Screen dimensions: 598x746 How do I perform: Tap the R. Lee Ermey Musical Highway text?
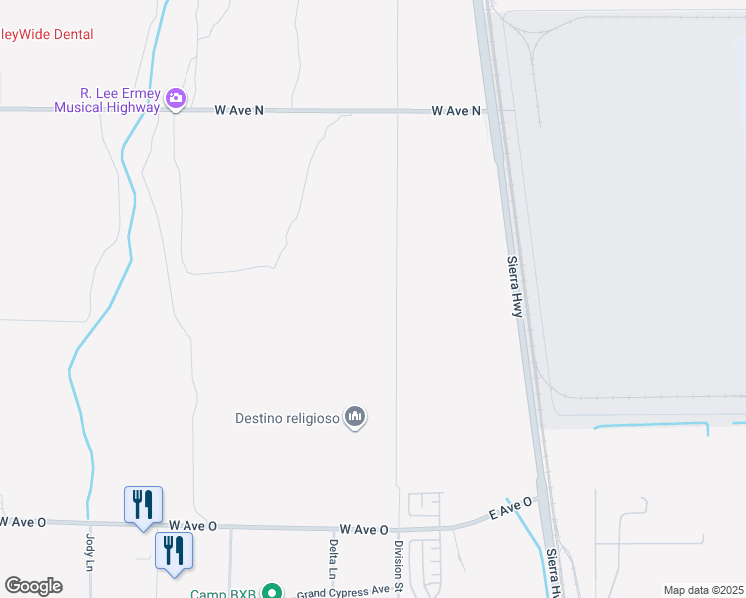pyautogui.click(x=107, y=99)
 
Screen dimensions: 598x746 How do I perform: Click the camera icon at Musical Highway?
pyautogui.click(x=177, y=98)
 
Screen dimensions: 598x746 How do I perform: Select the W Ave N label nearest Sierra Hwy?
pyautogui.click(x=456, y=111)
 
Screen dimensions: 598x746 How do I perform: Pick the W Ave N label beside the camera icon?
pyautogui.click(x=239, y=111)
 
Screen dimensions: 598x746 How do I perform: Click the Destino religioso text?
pyautogui.click(x=285, y=417)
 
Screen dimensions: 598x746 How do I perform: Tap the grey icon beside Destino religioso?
pyautogui.click(x=355, y=417)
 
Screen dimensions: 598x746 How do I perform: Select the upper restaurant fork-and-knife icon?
pyautogui.click(x=143, y=503)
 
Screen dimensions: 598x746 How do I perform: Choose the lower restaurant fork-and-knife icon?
pyautogui.click(x=174, y=550)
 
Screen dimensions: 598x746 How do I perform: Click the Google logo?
pyautogui.click(x=33, y=586)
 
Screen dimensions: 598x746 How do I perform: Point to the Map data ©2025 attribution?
pyautogui.click(x=703, y=590)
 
